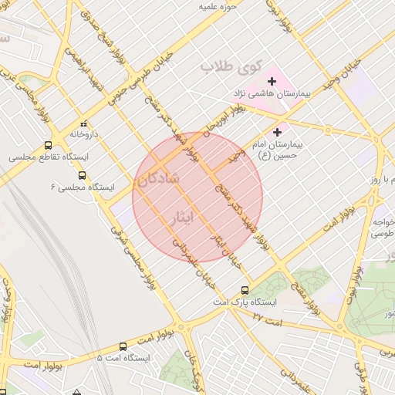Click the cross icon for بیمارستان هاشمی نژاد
pos(272,81)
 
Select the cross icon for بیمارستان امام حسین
pos(278,132)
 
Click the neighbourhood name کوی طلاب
pos(231,66)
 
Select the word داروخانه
pos(85,134)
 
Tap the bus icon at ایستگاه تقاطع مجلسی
pos(49,144)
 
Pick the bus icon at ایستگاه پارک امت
pos(245,290)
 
